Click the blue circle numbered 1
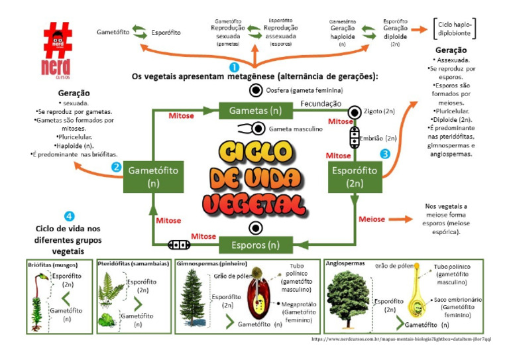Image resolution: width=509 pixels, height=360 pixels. click(x=233, y=67)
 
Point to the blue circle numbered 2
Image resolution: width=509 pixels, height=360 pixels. click(x=117, y=167)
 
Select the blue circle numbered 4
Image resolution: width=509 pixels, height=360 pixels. click(x=70, y=215)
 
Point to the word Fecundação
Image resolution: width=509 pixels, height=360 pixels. click(x=321, y=103)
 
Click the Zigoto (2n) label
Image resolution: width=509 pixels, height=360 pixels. click(x=380, y=112)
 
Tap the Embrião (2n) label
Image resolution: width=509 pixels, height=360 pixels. click(x=381, y=139)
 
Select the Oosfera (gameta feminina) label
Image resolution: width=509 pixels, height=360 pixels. click(x=304, y=90)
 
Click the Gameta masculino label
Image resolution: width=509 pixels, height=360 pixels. click(x=296, y=129)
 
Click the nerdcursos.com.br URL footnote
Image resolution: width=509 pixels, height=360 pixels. click(x=401, y=339)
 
